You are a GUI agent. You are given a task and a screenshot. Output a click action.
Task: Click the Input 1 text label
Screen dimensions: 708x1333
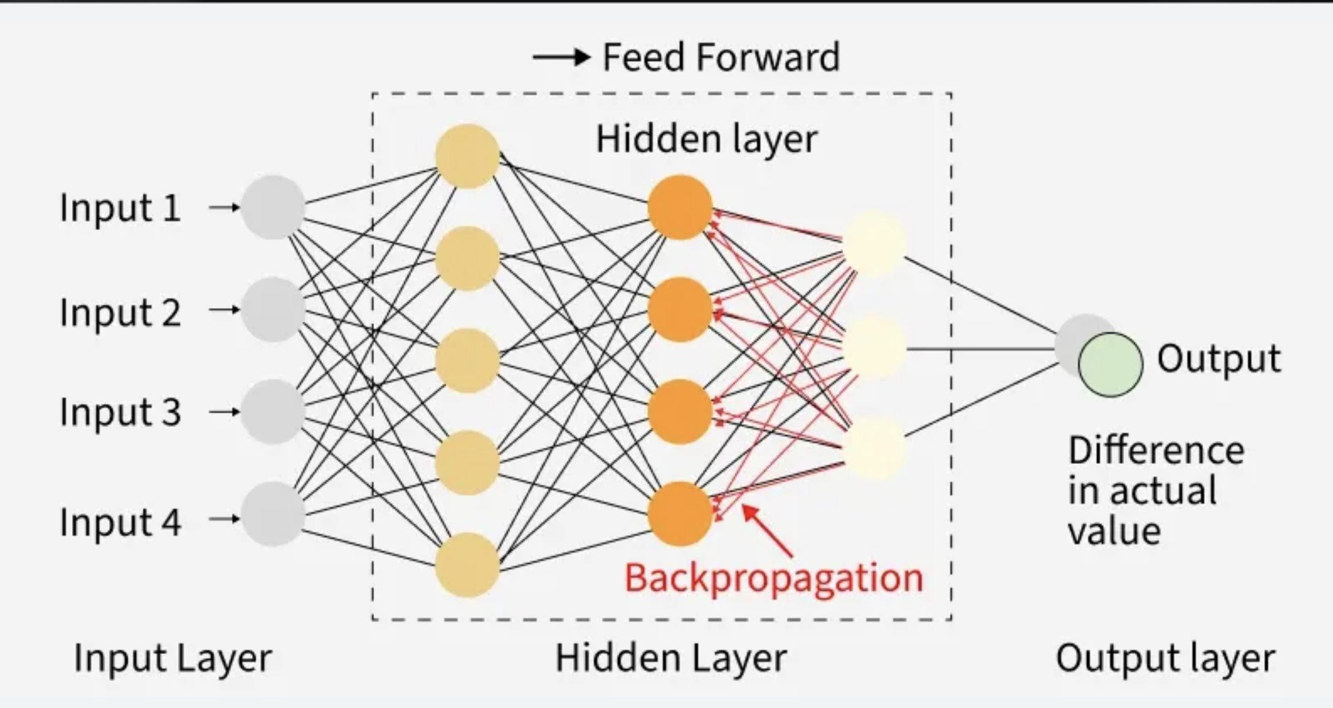pyautogui.click(x=120, y=208)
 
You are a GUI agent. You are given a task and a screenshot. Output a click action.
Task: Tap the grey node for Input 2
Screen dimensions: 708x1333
pyautogui.click(x=273, y=309)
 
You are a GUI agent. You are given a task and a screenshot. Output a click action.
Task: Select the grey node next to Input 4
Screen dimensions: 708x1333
pyautogui.click(x=273, y=514)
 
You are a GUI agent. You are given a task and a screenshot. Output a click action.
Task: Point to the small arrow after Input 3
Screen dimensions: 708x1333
pyautogui.click(x=224, y=412)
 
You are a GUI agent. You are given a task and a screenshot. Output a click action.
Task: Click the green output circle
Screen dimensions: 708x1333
pyautogui.click(x=1110, y=364)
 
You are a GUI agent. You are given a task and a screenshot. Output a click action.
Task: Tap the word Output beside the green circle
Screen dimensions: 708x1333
pyautogui.click(x=1218, y=358)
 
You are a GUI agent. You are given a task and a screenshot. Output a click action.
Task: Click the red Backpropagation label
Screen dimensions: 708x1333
pyautogui.click(x=774, y=578)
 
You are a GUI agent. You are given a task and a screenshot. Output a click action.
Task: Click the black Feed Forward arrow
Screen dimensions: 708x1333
pyautogui.click(x=561, y=57)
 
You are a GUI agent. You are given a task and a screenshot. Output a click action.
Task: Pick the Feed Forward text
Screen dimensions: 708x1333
pyautogui.click(x=721, y=57)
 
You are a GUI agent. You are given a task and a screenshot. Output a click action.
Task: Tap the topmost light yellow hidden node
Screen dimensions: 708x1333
pyautogui.click(x=467, y=156)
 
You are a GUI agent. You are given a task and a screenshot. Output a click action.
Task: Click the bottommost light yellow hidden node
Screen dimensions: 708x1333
pyautogui.click(x=467, y=565)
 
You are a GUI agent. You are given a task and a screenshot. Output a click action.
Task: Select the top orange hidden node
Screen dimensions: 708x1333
pyautogui.click(x=679, y=207)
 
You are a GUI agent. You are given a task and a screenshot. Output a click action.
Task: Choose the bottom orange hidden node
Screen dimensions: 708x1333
pyautogui.click(x=679, y=514)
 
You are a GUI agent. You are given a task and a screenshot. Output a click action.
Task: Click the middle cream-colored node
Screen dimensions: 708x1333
pyautogui.click(x=874, y=348)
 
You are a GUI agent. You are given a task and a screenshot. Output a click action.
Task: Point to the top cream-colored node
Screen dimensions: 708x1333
pyautogui.click(x=874, y=243)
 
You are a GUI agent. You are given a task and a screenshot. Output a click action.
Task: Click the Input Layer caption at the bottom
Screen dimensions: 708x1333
pyautogui.click(x=173, y=657)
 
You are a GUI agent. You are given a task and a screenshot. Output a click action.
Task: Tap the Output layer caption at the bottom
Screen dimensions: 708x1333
pyautogui.click(x=1165, y=657)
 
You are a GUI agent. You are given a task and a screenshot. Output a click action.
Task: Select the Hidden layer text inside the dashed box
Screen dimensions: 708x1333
pyautogui.click(x=706, y=139)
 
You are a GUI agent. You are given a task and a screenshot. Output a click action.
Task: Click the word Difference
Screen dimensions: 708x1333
pyautogui.click(x=1156, y=450)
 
